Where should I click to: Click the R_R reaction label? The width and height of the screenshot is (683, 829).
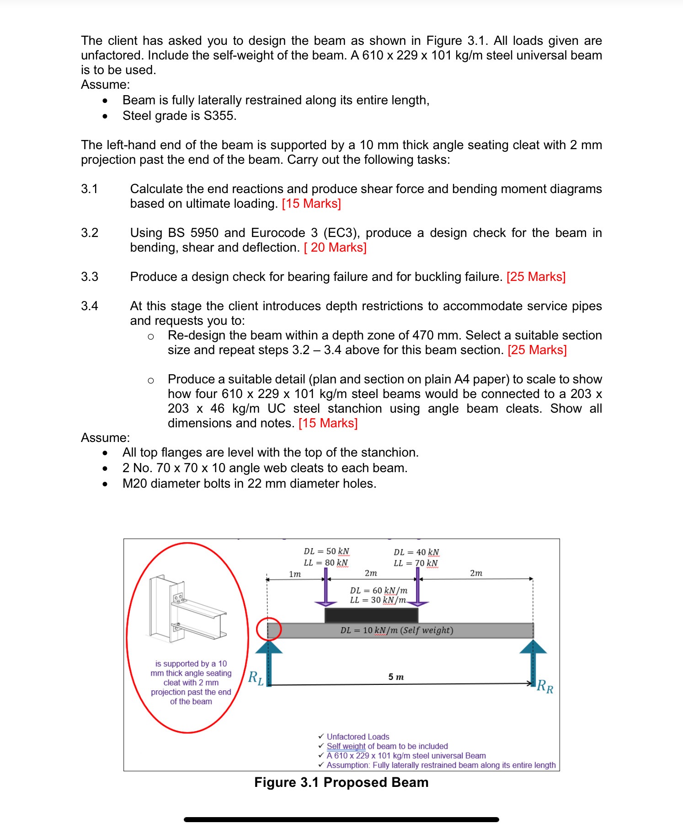coord(545,687)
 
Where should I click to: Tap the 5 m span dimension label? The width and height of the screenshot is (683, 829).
coord(396,677)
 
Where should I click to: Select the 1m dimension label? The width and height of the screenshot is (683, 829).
coord(295,574)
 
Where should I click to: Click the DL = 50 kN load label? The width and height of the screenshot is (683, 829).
coord(326,551)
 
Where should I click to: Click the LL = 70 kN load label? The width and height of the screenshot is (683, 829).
coord(416,563)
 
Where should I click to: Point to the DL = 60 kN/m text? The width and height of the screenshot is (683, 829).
coord(379,590)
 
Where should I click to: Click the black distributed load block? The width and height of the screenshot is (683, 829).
coord(371,615)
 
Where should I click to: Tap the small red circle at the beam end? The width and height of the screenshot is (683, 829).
coord(268,629)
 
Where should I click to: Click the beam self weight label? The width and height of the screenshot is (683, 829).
coord(396,630)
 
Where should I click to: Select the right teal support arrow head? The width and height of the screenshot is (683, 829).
coord(533,646)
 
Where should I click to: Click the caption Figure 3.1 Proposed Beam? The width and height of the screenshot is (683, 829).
coord(341,782)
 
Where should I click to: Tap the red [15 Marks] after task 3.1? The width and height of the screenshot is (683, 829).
coord(311,204)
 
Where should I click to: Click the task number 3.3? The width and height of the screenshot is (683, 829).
coord(90,277)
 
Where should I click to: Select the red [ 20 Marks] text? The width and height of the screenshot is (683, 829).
coord(335,248)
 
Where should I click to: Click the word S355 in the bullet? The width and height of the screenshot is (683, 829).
coord(219,116)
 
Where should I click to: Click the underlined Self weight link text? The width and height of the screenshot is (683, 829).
coord(346,746)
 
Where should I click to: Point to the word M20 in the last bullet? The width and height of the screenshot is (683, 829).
coord(135,484)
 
